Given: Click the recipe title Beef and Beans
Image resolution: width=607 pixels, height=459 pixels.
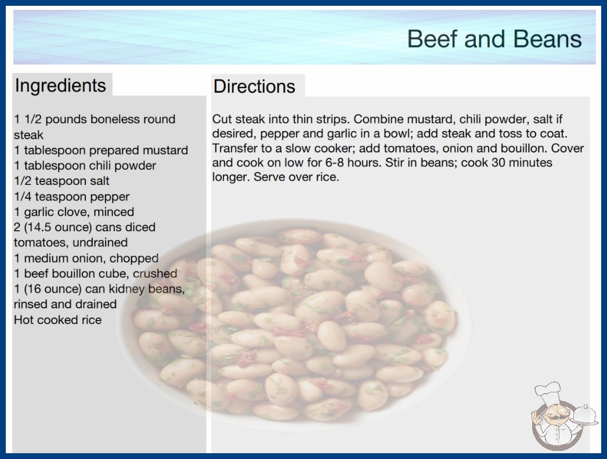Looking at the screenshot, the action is [x=494, y=39].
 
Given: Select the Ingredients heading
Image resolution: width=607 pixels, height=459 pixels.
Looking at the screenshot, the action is [x=60, y=86].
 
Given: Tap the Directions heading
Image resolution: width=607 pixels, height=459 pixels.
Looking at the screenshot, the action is [x=254, y=86].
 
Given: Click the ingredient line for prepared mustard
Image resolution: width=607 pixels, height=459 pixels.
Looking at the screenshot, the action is [x=101, y=150].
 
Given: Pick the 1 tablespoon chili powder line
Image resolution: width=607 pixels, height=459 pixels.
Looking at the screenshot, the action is [x=85, y=166].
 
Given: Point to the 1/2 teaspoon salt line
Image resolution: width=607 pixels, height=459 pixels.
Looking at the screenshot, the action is [x=62, y=181].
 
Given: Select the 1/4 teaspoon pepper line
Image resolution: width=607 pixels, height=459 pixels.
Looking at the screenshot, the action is [x=71, y=196].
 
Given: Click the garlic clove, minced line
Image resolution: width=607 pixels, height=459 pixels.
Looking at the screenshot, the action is [x=74, y=212].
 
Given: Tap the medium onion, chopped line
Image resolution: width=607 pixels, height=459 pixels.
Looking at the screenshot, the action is [x=86, y=258].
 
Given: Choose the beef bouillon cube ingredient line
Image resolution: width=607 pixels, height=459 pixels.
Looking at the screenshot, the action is [x=96, y=274].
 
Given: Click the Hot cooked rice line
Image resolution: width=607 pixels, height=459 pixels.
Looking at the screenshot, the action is [x=57, y=320].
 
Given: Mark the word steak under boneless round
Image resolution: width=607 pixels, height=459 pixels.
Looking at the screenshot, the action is [x=28, y=135].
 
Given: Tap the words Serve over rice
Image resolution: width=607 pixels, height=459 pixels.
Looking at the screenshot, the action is [x=297, y=177].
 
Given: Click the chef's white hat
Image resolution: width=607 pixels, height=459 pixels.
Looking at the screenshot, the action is [x=547, y=391].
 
